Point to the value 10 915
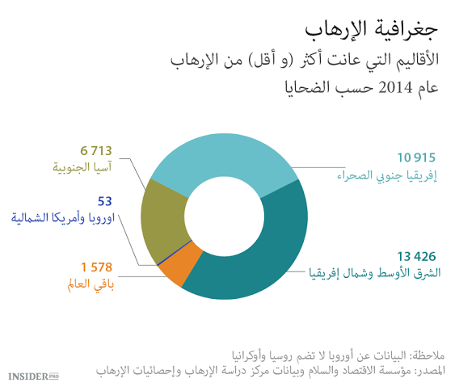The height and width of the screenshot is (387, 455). pyautogui.click(x=415, y=157)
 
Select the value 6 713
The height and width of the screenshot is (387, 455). pyautogui.click(x=95, y=150)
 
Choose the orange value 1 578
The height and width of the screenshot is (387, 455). pyautogui.click(x=96, y=267)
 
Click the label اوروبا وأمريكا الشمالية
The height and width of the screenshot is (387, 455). pyautogui.click(x=62, y=217)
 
